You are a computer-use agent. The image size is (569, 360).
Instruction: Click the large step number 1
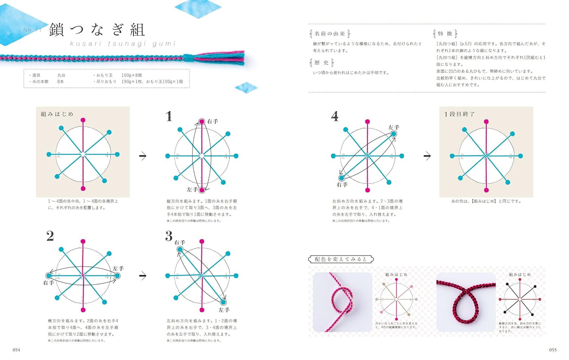(x=169, y=116)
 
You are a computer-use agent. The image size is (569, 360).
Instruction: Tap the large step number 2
(x=50, y=236)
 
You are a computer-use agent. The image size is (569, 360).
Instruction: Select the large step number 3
(x=169, y=236)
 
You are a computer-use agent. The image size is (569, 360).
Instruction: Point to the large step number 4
(x=335, y=117)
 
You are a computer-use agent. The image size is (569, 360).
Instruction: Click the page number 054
(x=16, y=350)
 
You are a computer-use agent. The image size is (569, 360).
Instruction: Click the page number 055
(x=553, y=350)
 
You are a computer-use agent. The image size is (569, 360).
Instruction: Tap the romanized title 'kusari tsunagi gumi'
(x=123, y=44)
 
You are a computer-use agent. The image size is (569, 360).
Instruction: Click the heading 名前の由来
(x=330, y=34)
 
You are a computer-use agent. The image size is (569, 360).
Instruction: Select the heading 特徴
(x=445, y=34)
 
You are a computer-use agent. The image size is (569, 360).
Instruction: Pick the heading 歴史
(x=322, y=62)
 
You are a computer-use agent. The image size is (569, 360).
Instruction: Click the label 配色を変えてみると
(x=341, y=259)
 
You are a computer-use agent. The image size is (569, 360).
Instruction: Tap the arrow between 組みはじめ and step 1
(x=143, y=156)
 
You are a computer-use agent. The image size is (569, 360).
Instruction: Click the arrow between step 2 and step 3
(x=143, y=276)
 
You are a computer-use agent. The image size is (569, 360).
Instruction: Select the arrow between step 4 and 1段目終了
(x=427, y=156)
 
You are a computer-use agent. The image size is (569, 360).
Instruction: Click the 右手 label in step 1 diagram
(x=212, y=121)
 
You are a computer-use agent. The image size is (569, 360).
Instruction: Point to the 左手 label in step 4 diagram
(x=393, y=127)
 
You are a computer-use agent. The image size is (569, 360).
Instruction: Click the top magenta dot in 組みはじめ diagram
(x=83, y=120)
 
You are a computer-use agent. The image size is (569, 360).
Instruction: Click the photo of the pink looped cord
(x=342, y=302)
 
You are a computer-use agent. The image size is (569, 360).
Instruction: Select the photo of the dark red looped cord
(x=466, y=302)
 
